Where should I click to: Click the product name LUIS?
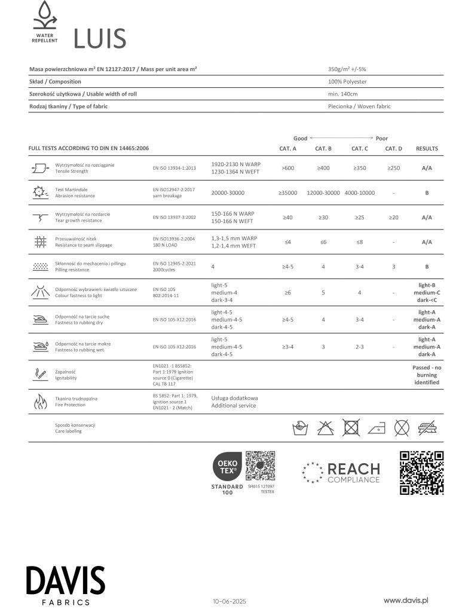pyautogui.click(x=99, y=39)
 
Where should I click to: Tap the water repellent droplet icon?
pyautogui.click(x=45, y=16)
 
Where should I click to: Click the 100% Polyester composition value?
pyautogui.click(x=347, y=81)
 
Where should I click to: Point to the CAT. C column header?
pyautogui.click(x=359, y=148)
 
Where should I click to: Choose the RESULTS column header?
pyautogui.click(x=427, y=148)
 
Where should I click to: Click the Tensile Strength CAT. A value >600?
pyautogui.click(x=287, y=168)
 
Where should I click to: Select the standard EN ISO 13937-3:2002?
pyautogui.click(x=173, y=217)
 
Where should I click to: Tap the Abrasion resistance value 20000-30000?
pyautogui.click(x=228, y=192)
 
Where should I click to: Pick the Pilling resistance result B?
pyautogui.click(x=427, y=267)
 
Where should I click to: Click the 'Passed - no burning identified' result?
pyautogui.click(x=427, y=375)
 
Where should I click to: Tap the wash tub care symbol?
pyautogui.click(x=299, y=427)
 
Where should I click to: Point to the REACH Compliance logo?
pyautogui.click(x=341, y=473)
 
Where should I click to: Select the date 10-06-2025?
pyautogui.click(x=229, y=601)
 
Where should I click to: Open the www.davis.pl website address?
pyautogui.click(x=407, y=599)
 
